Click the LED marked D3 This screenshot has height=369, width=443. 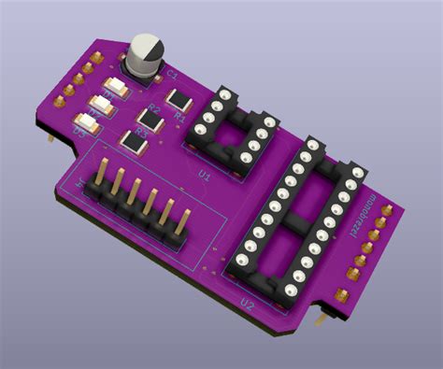[87, 121]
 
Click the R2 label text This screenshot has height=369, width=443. [155, 109]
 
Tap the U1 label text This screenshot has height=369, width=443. [204, 174]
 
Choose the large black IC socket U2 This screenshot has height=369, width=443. [295, 220]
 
